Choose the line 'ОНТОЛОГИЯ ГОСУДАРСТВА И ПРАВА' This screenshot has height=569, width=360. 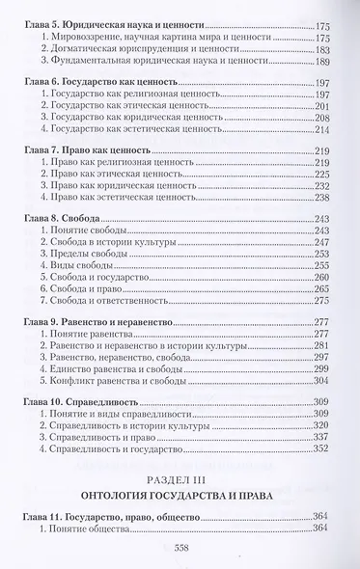point(180,495)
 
